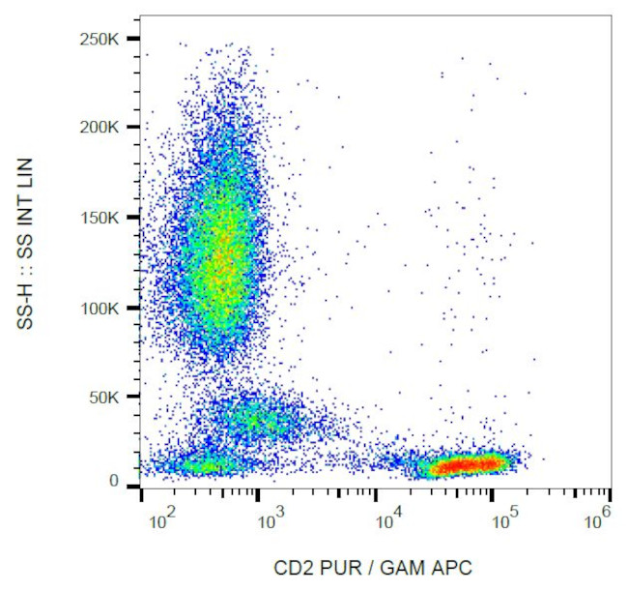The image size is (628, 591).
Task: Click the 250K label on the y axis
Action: (100, 39)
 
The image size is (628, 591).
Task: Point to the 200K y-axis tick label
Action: (100, 127)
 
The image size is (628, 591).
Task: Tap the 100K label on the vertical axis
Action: (100, 308)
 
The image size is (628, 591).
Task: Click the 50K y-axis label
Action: (103, 397)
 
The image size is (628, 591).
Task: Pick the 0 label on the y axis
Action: (113, 481)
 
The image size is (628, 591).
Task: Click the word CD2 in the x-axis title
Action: (292, 569)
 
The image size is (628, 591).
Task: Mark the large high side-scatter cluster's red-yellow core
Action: (224, 256)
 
